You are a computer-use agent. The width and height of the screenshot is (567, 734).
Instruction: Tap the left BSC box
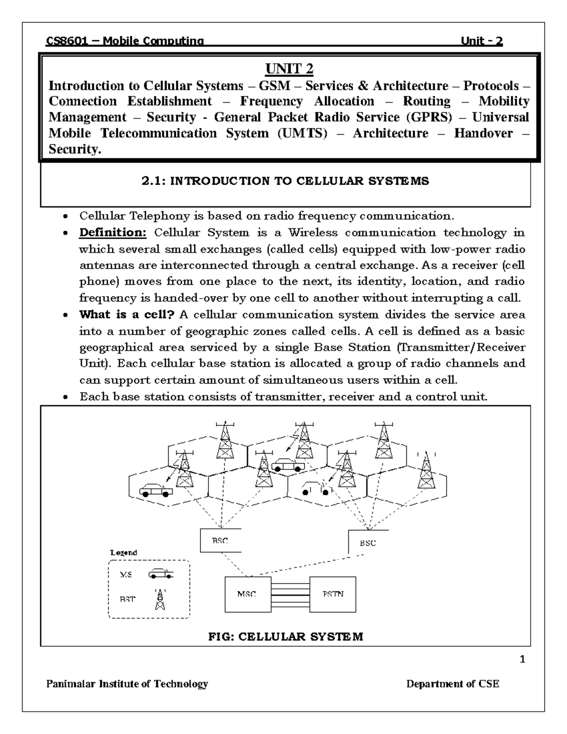(220, 541)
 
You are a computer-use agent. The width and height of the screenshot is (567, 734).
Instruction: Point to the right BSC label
(368, 543)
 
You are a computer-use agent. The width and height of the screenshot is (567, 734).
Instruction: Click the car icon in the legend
(161, 575)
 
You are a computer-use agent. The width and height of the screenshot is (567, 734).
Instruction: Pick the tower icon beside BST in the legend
(161, 599)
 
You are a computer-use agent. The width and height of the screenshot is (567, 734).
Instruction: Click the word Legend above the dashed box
(123, 553)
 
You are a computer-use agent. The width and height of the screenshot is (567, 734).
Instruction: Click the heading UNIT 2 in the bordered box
(289, 69)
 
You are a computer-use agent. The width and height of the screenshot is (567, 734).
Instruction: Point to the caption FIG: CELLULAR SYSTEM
(286, 637)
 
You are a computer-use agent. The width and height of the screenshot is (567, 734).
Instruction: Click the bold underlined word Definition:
(113, 233)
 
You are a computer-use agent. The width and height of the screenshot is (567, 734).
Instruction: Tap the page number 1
(522, 660)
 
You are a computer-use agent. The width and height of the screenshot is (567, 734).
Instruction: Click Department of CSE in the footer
(453, 684)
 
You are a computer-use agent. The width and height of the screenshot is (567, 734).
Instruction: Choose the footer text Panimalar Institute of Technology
(127, 684)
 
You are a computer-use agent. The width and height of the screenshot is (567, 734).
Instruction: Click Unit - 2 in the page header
(481, 41)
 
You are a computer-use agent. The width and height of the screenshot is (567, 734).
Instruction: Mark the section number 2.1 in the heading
(153, 181)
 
